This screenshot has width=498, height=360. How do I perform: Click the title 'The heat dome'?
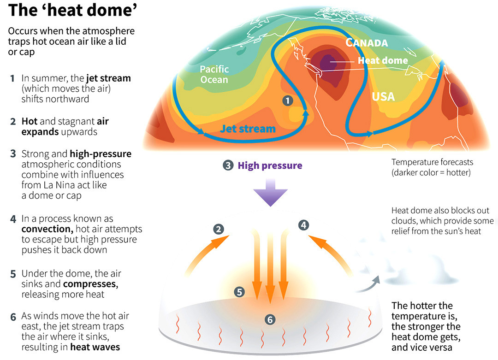(x=73, y=10)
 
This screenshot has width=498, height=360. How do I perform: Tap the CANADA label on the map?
(x=367, y=43)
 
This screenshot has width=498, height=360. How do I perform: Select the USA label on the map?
(x=383, y=96)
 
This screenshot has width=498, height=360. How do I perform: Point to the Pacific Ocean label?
(x=214, y=74)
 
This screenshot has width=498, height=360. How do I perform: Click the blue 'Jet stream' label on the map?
(x=248, y=129)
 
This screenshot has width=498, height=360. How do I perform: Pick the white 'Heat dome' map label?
(x=383, y=60)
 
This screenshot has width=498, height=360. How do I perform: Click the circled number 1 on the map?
(x=288, y=101)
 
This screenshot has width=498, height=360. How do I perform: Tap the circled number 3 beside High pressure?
(x=228, y=165)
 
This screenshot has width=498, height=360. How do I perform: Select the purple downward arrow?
(x=270, y=193)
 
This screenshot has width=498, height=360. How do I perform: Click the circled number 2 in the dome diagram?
(x=219, y=229)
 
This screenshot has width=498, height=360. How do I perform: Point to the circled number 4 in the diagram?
(x=303, y=225)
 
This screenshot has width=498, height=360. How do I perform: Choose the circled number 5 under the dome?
(x=239, y=292)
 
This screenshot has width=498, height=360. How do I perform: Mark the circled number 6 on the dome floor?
(x=270, y=319)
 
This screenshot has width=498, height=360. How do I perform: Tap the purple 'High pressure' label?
(x=270, y=165)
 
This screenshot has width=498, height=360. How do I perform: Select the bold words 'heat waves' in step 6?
(x=95, y=347)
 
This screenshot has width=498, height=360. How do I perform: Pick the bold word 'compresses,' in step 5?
(x=90, y=284)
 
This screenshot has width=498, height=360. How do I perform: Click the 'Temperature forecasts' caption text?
(x=432, y=162)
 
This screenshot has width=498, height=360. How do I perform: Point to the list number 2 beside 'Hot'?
(x=13, y=122)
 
